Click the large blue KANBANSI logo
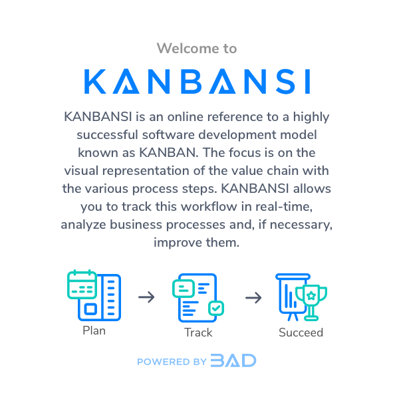pyautogui.click(x=198, y=80)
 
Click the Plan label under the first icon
pyautogui.click(x=94, y=331)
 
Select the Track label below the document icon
pyautogui.click(x=198, y=332)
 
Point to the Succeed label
pyautogui.click(x=301, y=332)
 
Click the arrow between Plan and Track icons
pyautogui.click(x=146, y=297)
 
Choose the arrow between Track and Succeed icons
pyautogui.click(x=253, y=297)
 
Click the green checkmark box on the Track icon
pyautogui.click(x=216, y=309)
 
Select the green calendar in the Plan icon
pyautogui.click(x=82, y=285)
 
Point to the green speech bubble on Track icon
pyautogui.click(x=183, y=288)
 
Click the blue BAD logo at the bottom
pyautogui.click(x=233, y=361)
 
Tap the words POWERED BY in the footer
pyautogui.click(x=172, y=362)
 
